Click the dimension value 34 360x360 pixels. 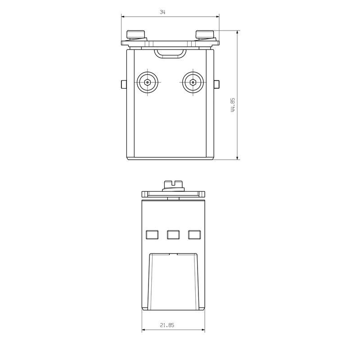coord(162,13)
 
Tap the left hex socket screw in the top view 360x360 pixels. coord(148,83)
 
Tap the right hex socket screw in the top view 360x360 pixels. coord(192,83)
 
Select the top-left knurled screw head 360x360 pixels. coord(136,35)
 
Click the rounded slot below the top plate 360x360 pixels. coord(170,54)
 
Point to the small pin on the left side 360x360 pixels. coord(123,84)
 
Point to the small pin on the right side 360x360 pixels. coord(217,84)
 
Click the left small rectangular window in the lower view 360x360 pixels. coord(153,234)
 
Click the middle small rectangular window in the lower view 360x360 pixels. coord(173,234)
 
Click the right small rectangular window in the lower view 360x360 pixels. coord(194,234)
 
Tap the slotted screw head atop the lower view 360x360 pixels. coord(173,184)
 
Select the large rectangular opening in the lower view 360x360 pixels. coord(173,281)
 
